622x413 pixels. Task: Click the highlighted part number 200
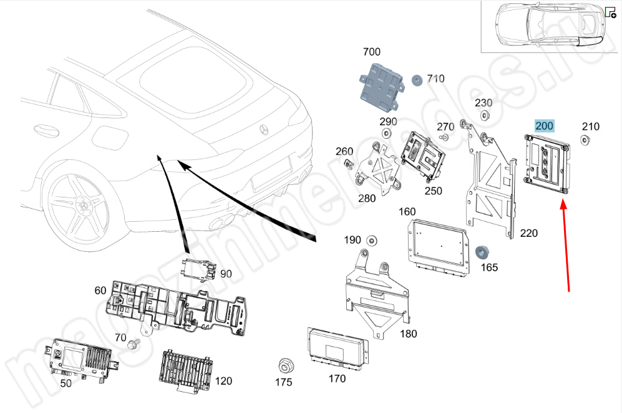click(544, 126)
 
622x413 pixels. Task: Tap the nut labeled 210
click(586, 140)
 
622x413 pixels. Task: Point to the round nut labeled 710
click(417, 79)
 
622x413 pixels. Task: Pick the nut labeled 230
click(484, 116)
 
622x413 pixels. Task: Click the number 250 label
click(432, 191)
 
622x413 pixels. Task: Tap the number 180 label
click(408, 334)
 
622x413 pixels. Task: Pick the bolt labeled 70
click(132, 344)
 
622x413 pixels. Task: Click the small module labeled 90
click(200, 269)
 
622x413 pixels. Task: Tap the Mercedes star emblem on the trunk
click(265, 130)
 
